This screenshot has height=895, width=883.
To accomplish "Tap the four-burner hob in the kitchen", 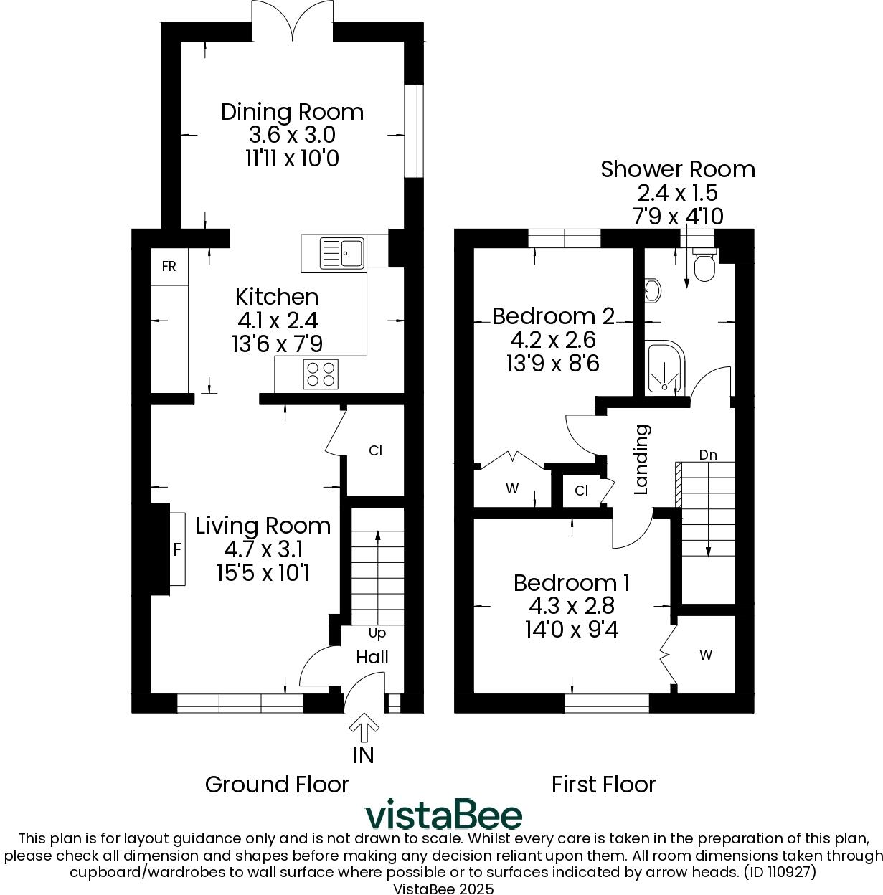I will [x=321, y=374].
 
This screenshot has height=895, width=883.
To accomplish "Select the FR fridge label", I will [x=169, y=267].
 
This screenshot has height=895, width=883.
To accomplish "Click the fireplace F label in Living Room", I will [x=176, y=550].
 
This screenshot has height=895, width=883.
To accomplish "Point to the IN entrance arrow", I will [x=364, y=728].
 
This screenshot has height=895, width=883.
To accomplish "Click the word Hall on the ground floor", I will [x=372, y=657].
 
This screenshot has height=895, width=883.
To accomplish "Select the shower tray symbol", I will [x=667, y=368].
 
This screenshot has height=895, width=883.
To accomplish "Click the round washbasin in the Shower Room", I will [x=653, y=290].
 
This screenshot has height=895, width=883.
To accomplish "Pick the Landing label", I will [x=642, y=460].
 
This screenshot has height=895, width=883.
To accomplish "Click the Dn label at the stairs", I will [x=708, y=455].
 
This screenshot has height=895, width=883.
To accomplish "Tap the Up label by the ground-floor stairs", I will [x=377, y=633].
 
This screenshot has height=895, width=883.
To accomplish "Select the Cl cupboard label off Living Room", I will [x=375, y=450].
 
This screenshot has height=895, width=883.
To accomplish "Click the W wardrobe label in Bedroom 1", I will [x=706, y=655].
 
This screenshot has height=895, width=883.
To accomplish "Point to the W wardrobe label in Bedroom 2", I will [x=511, y=489].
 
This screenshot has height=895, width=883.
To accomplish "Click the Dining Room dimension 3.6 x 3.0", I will [x=292, y=135].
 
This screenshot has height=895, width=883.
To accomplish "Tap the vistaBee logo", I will [x=443, y=815].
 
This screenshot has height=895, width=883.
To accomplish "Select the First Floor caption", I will [x=603, y=785].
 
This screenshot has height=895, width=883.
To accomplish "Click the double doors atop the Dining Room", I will [x=293, y=20].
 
